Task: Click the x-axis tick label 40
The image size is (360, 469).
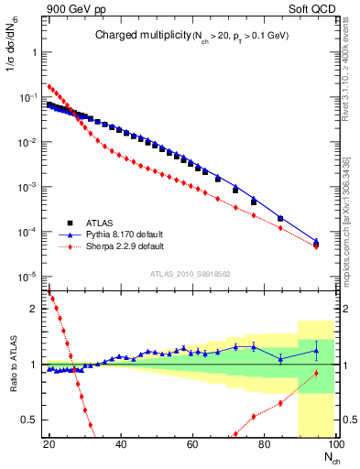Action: (x=121, y=443)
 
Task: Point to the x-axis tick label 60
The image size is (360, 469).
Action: (x=192, y=443)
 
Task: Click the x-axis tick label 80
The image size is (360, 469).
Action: (x=264, y=443)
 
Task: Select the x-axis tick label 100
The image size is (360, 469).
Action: (x=333, y=443)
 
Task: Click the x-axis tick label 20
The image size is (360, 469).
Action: (x=49, y=443)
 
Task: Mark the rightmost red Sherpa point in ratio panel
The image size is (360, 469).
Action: (x=316, y=373)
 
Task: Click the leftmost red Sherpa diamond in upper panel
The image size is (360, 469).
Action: (x=49, y=86)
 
